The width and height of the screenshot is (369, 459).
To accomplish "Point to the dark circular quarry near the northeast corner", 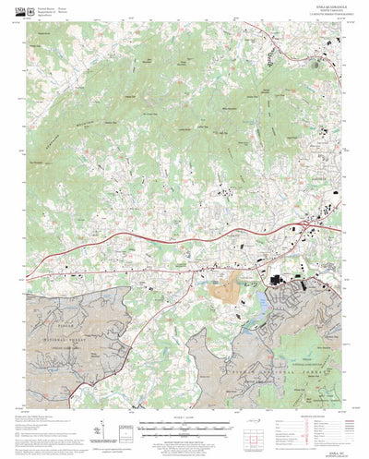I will click(268, 55).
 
